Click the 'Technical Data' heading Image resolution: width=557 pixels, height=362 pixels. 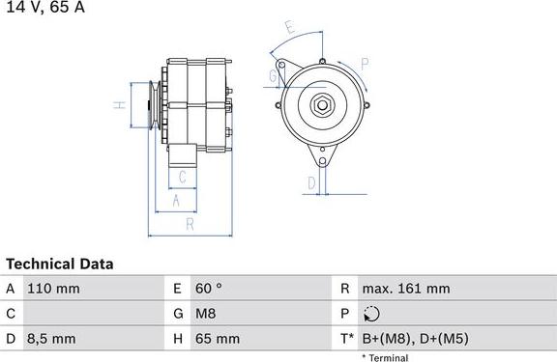coord(60,264)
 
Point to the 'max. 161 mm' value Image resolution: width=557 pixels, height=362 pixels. coord(405,289)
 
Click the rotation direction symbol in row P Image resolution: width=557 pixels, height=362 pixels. coord(373,314)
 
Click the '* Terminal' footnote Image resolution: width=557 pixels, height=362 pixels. coord(384,357)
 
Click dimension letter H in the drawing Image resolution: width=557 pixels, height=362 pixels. coord(117,106)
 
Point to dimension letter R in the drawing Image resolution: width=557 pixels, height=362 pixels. coord(190,223)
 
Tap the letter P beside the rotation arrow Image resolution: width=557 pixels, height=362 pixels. coord(365,64)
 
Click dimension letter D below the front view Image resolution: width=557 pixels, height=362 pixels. coord(311,182)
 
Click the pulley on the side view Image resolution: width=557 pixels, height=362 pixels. coord(152,105)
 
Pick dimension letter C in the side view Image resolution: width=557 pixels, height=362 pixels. coord(181,177)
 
